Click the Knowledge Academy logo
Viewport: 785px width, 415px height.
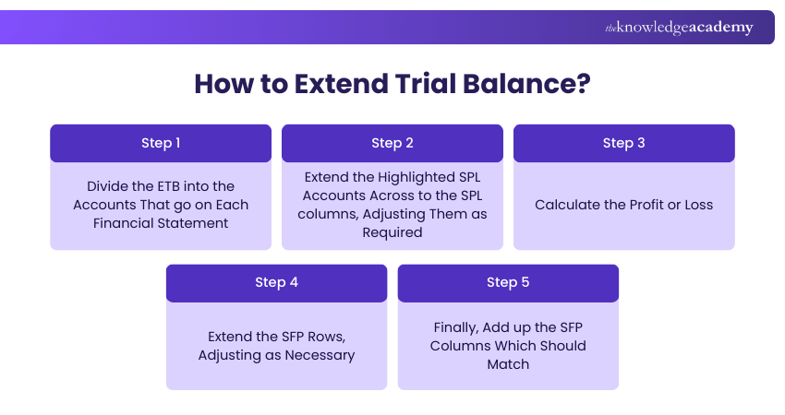(x=679, y=28)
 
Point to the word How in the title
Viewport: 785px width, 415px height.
(x=222, y=85)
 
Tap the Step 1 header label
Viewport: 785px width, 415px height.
(x=161, y=143)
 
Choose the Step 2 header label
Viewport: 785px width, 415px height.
(x=392, y=143)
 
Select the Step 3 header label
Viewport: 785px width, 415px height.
(x=624, y=143)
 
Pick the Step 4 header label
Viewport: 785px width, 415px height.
(x=276, y=282)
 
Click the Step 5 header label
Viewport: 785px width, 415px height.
(x=508, y=282)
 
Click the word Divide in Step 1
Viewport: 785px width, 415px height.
(x=108, y=185)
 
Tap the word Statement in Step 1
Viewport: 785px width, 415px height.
(x=197, y=222)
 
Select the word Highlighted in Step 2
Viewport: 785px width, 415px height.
(x=417, y=176)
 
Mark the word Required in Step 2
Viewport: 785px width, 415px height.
(x=392, y=232)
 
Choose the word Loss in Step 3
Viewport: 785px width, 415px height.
(x=697, y=205)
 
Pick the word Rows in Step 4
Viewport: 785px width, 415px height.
(x=326, y=337)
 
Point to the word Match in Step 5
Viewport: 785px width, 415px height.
(x=508, y=364)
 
